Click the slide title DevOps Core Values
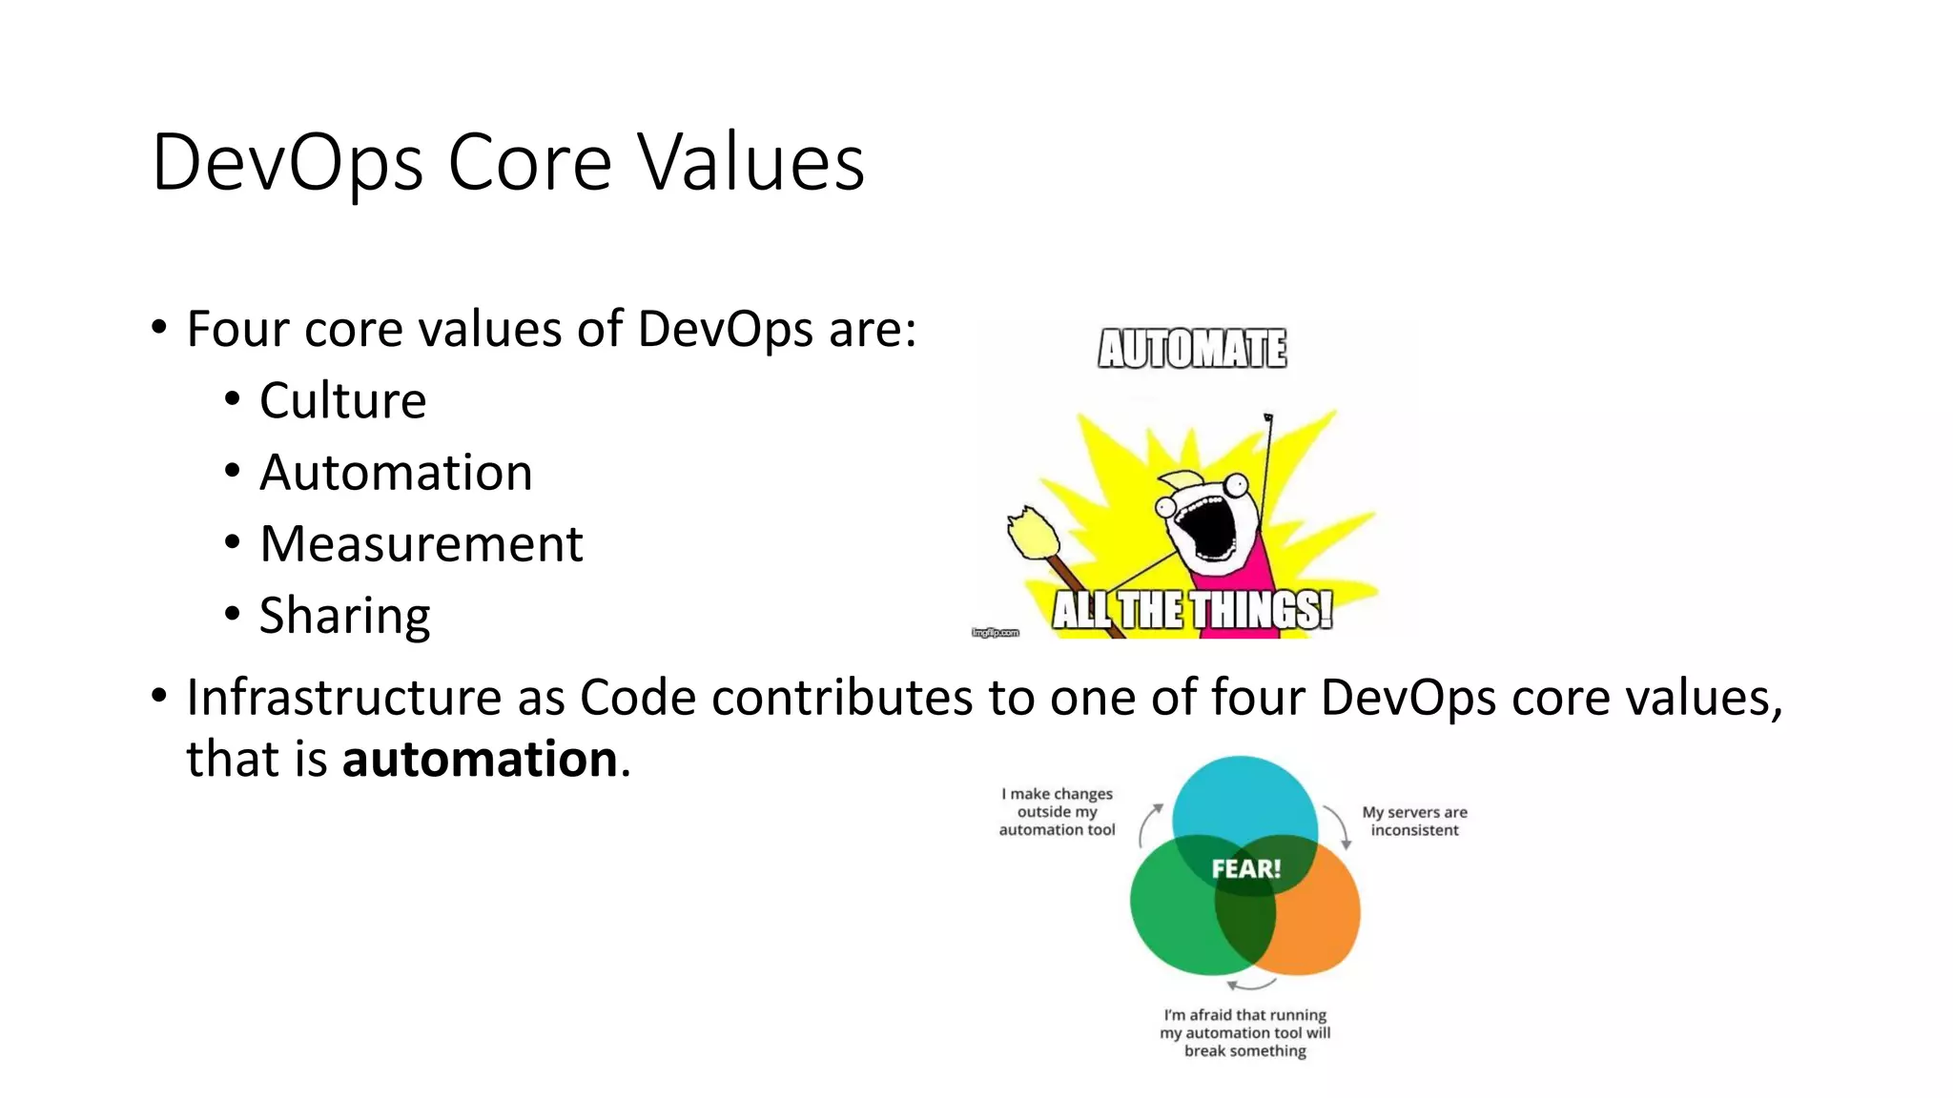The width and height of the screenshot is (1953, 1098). coord(507,162)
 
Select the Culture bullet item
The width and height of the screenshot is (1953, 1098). coord(342,400)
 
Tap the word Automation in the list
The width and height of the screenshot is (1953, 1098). coord(396,473)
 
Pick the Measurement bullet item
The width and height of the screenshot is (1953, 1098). coord(421,544)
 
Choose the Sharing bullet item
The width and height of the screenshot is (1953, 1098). coord(344,616)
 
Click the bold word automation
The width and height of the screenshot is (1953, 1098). coord(480,760)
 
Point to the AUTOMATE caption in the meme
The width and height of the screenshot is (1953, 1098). coord(1192,349)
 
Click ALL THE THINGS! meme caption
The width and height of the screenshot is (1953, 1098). coord(1192,610)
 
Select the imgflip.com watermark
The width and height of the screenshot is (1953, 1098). coord(995,633)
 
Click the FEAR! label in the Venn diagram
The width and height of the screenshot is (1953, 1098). coord(1245,869)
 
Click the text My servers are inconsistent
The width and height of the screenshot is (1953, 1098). coord(1414,822)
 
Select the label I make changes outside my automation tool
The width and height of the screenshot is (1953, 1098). coord(1057,812)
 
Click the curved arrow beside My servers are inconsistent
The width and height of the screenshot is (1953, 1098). coord(1337,825)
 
